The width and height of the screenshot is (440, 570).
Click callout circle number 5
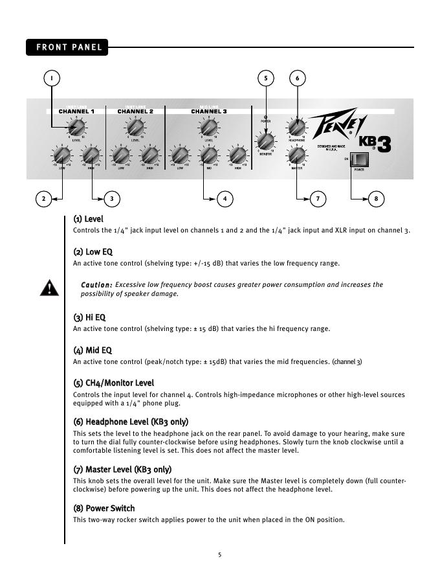(266, 78)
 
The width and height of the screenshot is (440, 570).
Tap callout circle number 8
(376, 198)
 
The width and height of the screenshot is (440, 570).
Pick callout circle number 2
(43, 198)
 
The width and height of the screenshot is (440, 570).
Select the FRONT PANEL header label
(67, 47)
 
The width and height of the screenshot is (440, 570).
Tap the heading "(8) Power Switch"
(104, 508)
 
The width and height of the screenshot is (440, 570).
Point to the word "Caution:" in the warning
(96, 285)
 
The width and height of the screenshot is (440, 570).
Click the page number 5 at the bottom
(220, 554)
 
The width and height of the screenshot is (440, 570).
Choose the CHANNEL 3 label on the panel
(208, 111)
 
